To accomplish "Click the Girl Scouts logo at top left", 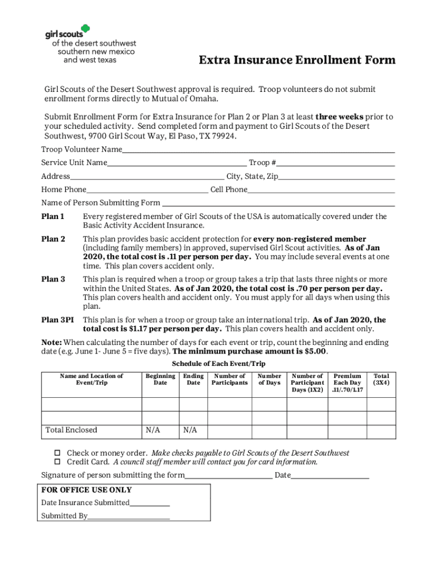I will click(x=90, y=43).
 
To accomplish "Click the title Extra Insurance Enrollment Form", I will click(x=297, y=61).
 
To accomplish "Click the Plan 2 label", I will click(x=53, y=239).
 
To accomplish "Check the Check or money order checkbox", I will click(x=57, y=453).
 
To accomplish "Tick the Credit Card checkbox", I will click(x=57, y=462).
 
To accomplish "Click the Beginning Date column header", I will click(x=160, y=380).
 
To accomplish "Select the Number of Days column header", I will click(x=269, y=380).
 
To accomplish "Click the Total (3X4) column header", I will click(x=381, y=380).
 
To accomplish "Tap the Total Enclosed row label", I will click(x=72, y=430).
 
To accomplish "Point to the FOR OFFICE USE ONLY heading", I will click(x=86, y=490).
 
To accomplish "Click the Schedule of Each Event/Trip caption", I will click(x=218, y=364).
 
